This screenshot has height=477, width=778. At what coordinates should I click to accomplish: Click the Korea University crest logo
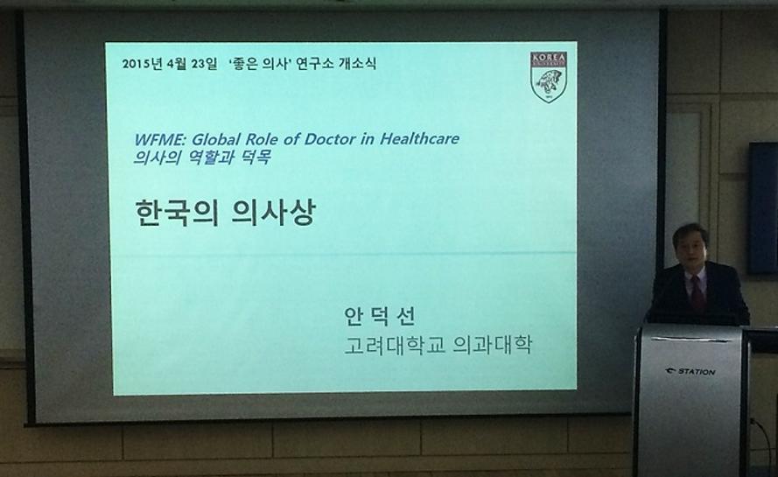click(548, 77)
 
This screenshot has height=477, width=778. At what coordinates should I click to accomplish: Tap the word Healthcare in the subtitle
click(419, 138)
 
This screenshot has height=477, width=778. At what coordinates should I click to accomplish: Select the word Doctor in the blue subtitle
click(329, 139)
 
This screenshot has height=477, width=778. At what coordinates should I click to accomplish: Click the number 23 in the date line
click(198, 64)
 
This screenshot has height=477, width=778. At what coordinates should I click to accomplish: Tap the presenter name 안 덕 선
click(379, 316)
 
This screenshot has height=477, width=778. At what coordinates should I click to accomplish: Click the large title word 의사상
click(273, 213)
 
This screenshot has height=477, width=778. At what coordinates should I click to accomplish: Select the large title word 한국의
click(177, 213)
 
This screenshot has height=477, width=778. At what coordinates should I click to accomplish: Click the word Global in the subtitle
click(216, 139)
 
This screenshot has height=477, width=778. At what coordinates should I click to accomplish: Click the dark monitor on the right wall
click(763, 208)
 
